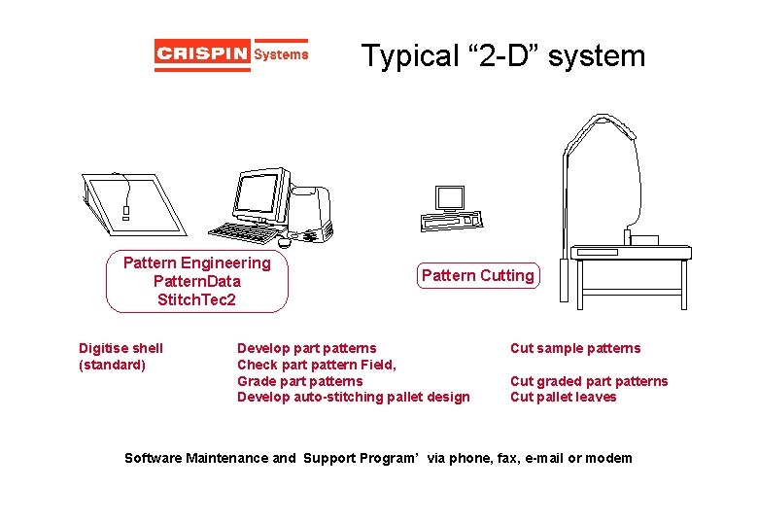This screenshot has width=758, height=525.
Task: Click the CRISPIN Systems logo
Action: (x=231, y=54)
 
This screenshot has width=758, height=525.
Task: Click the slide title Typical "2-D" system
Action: (x=502, y=55)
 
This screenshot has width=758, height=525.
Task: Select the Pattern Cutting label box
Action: (x=477, y=276)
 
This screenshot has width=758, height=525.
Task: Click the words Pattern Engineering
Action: (x=197, y=263)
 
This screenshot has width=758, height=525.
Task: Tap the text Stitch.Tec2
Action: (x=197, y=299)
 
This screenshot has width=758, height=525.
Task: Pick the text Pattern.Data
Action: (x=197, y=282)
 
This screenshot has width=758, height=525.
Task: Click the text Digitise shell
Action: (x=121, y=348)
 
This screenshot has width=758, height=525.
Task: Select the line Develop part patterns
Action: (x=306, y=348)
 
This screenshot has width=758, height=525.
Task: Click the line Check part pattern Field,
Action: (x=316, y=365)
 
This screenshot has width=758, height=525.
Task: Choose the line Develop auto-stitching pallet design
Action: (x=353, y=397)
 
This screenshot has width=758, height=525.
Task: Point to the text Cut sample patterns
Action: (x=575, y=348)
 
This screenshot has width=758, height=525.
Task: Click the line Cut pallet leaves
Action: (x=563, y=397)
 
